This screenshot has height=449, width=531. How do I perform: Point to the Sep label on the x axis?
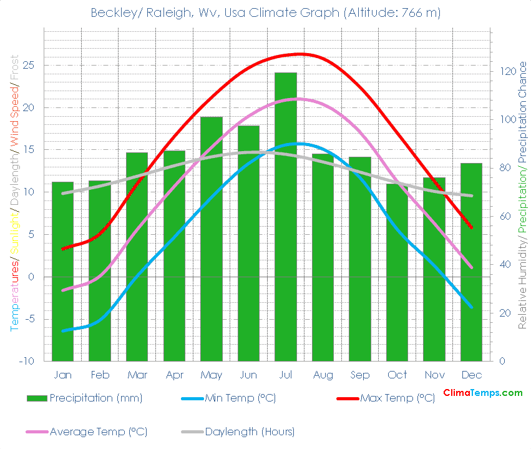tap(360, 375)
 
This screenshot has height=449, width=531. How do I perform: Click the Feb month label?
tap(100, 375)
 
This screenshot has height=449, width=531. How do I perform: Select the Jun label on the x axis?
tap(248, 375)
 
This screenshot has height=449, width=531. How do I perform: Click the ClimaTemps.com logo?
tap(482, 393)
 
